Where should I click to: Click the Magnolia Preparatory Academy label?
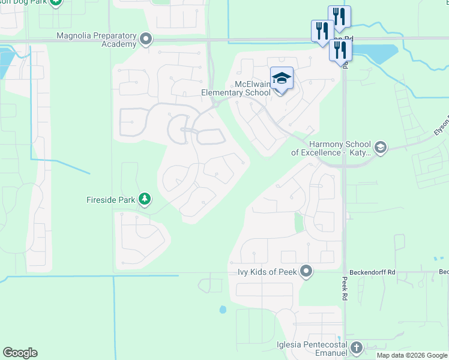tap(96, 40)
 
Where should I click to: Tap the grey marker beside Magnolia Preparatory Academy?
tap(145, 40)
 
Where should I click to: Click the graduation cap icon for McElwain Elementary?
tap(282, 78)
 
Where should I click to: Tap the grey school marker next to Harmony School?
tap(379, 147)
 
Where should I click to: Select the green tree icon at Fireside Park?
tap(144, 198)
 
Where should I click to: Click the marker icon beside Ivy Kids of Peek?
tap(306, 272)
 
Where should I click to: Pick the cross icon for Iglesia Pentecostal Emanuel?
tap(357, 348)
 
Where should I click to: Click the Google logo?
tap(20, 353)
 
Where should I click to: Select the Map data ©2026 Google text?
tap(412, 355)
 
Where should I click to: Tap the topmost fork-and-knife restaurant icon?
tap(339, 17)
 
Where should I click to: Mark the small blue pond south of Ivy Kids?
tap(223, 310)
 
